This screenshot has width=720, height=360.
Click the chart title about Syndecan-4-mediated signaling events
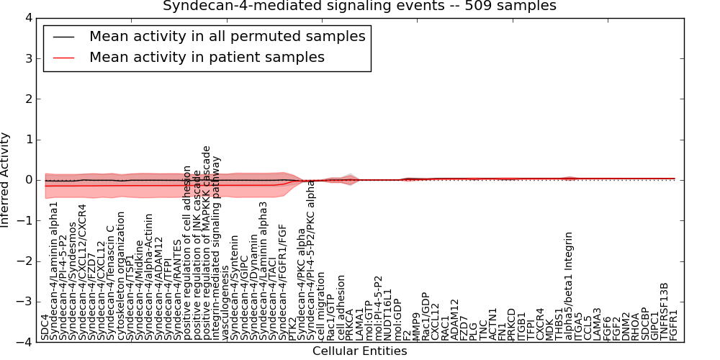[359, 6]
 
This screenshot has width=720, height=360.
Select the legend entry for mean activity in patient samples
[207, 57]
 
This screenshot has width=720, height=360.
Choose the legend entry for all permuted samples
[227, 36]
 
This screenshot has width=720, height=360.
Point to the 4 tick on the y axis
[28, 17]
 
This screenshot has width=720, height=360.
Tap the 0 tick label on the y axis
[28, 180]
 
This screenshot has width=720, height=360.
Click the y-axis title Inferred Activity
[6, 180]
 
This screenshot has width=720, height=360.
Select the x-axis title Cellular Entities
[359, 351]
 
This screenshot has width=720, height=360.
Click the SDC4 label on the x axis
[45, 327]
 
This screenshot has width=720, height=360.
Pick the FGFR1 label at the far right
[673, 324]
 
